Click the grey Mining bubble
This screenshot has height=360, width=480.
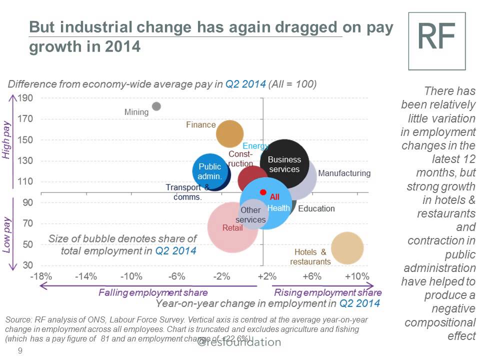156,106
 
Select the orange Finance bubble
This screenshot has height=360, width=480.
229,133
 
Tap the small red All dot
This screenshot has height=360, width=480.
263,192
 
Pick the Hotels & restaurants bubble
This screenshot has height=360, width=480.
347,248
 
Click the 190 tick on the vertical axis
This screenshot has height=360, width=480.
25,97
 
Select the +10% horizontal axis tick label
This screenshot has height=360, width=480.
357,276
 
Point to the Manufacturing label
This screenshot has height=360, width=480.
344,173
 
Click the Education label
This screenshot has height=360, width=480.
316,208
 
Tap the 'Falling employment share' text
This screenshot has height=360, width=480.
152,292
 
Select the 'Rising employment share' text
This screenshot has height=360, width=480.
328,292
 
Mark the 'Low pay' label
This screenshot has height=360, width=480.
6,234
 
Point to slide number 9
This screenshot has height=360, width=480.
20,350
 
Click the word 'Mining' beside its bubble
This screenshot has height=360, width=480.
136,112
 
